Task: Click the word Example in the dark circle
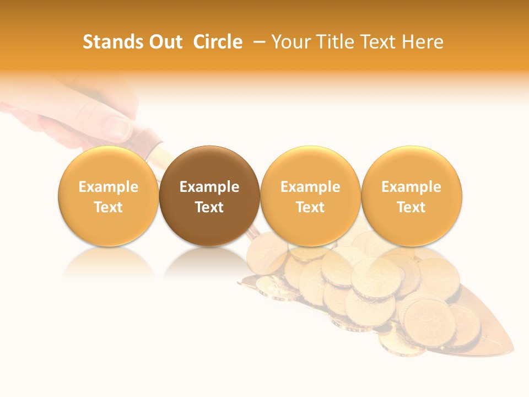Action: pos(209,187)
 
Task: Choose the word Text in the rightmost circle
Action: pos(412,207)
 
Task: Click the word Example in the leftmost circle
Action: pos(109,187)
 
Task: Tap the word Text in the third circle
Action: pos(310,207)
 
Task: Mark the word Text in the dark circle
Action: pos(209,207)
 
